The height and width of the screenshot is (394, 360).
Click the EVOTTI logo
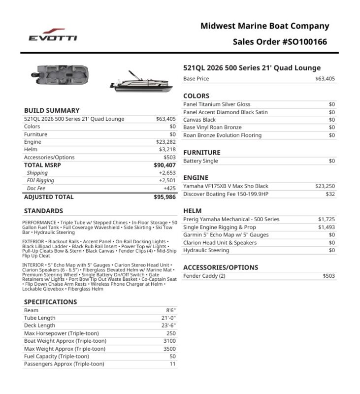[52, 35]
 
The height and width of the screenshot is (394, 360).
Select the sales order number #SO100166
[305, 42]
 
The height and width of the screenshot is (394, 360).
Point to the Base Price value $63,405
[325, 79]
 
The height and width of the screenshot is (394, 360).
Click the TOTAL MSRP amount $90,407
[164, 165]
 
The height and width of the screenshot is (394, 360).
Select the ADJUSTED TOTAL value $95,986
[164, 197]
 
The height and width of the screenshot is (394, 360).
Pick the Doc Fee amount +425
[169, 188]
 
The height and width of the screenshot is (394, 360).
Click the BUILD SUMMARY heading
[52, 111]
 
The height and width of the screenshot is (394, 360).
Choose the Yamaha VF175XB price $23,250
[325, 186]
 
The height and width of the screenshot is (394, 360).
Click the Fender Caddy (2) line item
[204, 276]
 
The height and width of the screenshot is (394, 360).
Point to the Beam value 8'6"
[170, 310]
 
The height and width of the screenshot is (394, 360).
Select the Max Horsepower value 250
[171, 333]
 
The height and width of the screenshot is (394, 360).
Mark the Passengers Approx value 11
[172, 364]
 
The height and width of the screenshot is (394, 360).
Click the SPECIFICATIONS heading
[51, 302]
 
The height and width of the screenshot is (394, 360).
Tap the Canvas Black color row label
[199, 120]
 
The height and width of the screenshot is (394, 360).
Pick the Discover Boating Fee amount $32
[330, 194]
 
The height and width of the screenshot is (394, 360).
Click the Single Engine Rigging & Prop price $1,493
[327, 227]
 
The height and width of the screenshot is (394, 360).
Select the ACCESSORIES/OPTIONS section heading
[221, 267]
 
